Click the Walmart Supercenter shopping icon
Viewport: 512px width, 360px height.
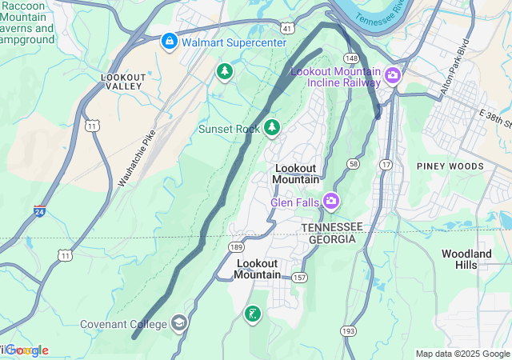point(170,41)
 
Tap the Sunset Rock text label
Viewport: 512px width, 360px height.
point(229,128)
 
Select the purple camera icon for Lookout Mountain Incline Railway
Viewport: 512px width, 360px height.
point(392,76)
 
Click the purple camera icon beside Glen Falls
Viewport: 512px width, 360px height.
point(330,201)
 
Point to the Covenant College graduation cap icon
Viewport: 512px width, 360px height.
point(179,323)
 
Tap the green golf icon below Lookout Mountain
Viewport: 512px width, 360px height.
point(253,314)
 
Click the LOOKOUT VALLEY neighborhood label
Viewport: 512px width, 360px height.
point(123,81)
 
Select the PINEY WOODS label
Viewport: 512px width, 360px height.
point(450,166)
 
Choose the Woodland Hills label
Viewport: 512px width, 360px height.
point(466,259)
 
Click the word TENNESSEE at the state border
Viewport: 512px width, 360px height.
point(332,227)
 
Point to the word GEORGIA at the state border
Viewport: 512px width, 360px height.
point(327,238)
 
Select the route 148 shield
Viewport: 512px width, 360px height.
point(351,58)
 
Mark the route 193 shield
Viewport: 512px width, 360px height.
point(348,330)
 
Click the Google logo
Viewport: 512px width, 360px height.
point(26,350)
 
